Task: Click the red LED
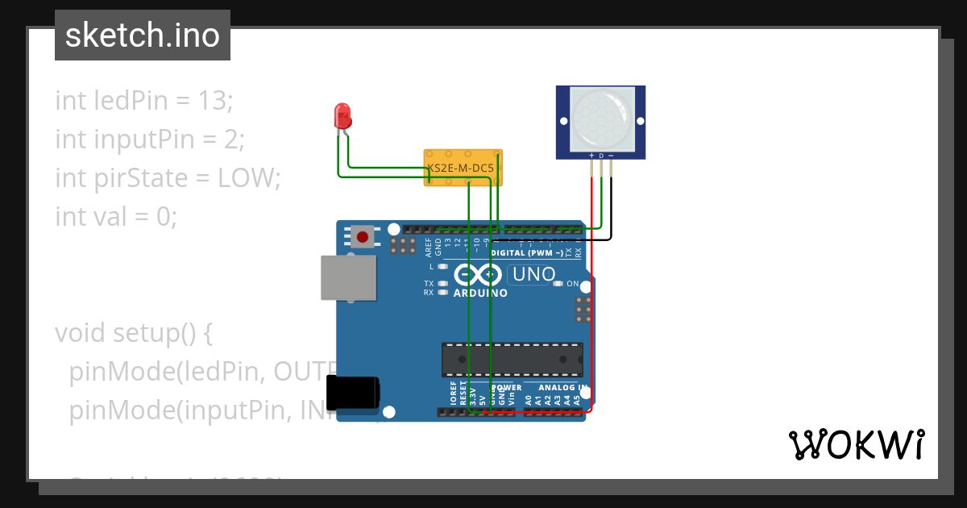pyautogui.click(x=342, y=116)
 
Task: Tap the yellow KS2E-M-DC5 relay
pyautogui.click(x=463, y=168)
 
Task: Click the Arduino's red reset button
pyautogui.click(x=363, y=237)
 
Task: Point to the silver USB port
pyautogui.click(x=348, y=278)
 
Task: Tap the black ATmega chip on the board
pyautogui.click(x=512, y=360)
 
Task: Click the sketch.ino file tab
pyautogui.click(x=143, y=35)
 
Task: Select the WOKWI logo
pyautogui.click(x=856, y=444)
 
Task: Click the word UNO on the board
pyautogui.click(x=534, y=274)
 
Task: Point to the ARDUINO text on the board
pyautogui.click(x=480, y=293)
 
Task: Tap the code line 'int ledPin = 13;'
pyautogui.click(x=144, y=101)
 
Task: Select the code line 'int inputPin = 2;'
pyautogui.click(x=150, y=139)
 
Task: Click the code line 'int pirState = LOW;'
pyautogui.click(x=168, y=177)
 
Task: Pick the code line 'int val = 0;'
pyautogui.click(x=116, y=216)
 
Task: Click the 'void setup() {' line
pyautogui.click(x=134, y=332)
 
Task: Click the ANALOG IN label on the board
pyautogui.click(x=556, y=388)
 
